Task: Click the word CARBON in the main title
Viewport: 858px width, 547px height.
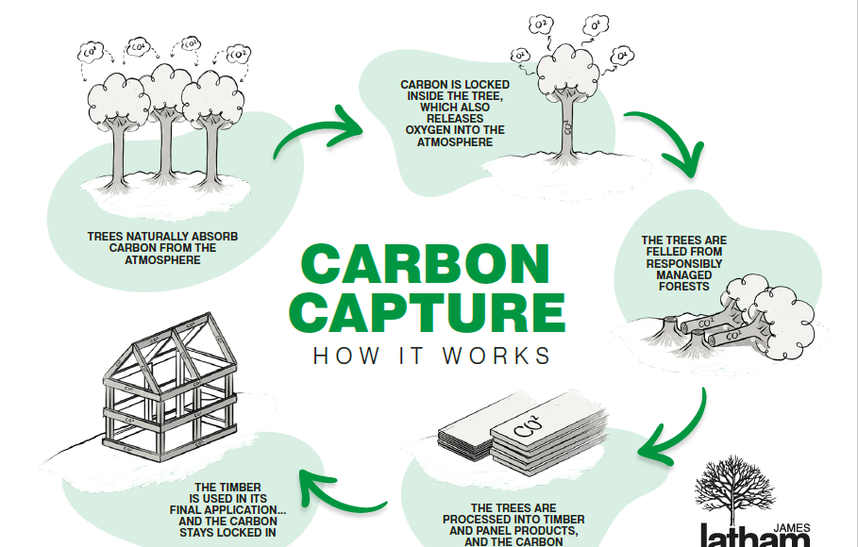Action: point(424,265)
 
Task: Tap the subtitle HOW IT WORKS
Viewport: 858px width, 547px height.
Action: point(431,356)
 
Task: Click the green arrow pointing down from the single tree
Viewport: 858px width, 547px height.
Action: point(669,141)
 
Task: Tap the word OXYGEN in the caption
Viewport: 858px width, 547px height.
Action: point(429,130)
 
